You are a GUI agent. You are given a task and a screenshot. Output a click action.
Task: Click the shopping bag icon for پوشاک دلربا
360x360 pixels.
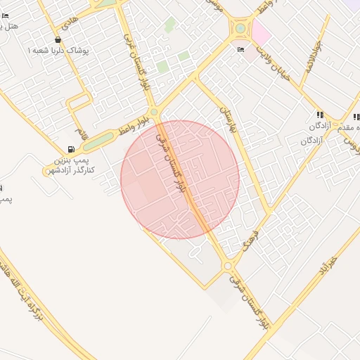coord(58,40)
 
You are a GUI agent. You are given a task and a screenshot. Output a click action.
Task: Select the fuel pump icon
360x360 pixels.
coord(71,149)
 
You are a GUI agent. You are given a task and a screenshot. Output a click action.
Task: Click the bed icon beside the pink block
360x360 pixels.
coord(242,49)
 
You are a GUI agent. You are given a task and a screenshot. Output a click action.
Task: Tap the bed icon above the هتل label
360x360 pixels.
coord(6,15)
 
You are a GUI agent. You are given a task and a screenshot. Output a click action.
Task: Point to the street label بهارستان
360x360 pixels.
coord(226,120)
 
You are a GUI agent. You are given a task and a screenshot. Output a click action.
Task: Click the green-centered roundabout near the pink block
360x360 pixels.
coord(240,29)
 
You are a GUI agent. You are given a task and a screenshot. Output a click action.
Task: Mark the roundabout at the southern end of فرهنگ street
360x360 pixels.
coord(228,266)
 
